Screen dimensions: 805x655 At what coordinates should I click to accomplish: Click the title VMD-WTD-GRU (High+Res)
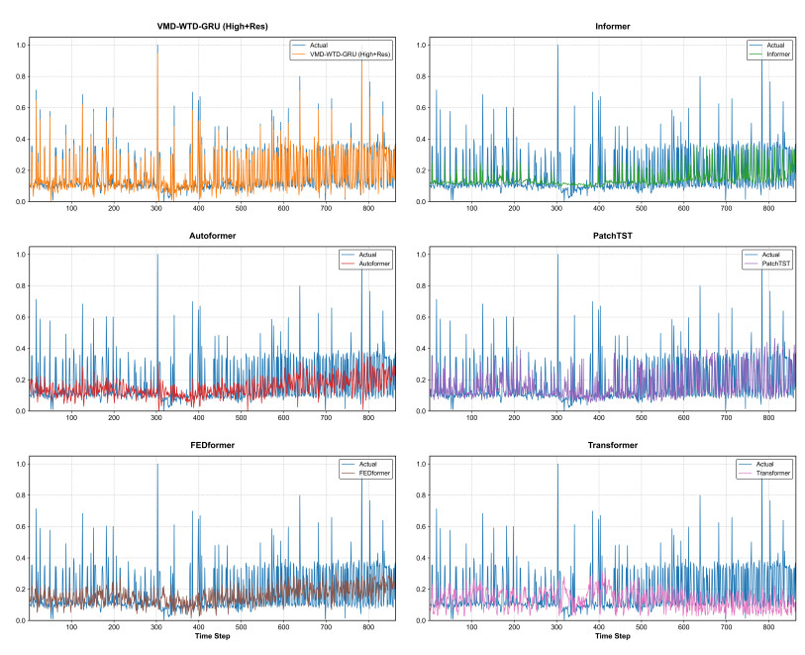[212, 26]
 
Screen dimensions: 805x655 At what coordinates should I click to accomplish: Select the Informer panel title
[613, 26]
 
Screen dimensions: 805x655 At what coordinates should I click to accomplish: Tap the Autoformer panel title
[212, 236]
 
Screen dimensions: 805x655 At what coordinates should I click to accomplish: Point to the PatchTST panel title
[613, 236]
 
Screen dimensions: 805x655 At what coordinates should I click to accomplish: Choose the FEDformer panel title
[212, 445]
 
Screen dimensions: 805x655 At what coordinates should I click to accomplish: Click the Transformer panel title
[613, 445]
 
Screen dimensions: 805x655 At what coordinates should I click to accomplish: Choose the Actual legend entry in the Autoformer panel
[367, 255]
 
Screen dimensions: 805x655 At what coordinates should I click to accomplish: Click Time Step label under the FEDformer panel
[212, 636]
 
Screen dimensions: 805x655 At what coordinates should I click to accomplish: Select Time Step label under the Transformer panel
[613, 636]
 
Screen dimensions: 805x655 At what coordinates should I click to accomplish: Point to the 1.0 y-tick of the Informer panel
[421, 46]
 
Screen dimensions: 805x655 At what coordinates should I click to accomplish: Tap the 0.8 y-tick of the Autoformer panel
[21, 286]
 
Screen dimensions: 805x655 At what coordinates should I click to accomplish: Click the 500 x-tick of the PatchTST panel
[642, 417]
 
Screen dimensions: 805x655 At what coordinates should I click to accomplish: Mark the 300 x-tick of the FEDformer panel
[156, 626]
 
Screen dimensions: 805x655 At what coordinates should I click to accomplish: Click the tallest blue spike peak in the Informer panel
[557, 46]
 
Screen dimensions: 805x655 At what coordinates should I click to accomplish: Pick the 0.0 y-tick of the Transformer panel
[421, 620]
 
